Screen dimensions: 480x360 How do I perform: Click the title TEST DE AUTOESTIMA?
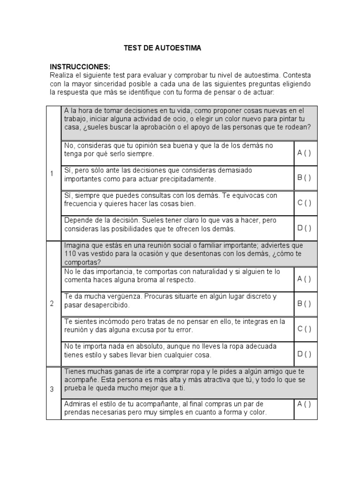point(162,48)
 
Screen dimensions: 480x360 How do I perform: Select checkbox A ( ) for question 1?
point(304,153)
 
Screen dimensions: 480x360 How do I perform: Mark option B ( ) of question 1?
point(304,178)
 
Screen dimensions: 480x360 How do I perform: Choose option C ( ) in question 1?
point(304,203)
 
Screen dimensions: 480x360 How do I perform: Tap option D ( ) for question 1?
point(304,228)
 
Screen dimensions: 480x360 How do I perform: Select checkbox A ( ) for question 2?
point(304,279)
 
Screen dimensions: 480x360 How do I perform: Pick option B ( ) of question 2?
point(304,303)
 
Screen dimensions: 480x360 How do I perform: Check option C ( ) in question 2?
point(304,329)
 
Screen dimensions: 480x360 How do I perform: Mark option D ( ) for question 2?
point(304,354)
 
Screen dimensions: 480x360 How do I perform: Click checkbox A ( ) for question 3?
point(304,404)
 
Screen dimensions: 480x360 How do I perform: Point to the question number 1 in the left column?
point(52,174)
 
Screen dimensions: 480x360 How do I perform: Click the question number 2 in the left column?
point(52,303)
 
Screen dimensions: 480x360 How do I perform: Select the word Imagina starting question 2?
point(77,245)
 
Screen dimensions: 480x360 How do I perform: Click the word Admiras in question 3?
point(77,404)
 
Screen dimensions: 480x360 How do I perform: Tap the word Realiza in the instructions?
point(62,75)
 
